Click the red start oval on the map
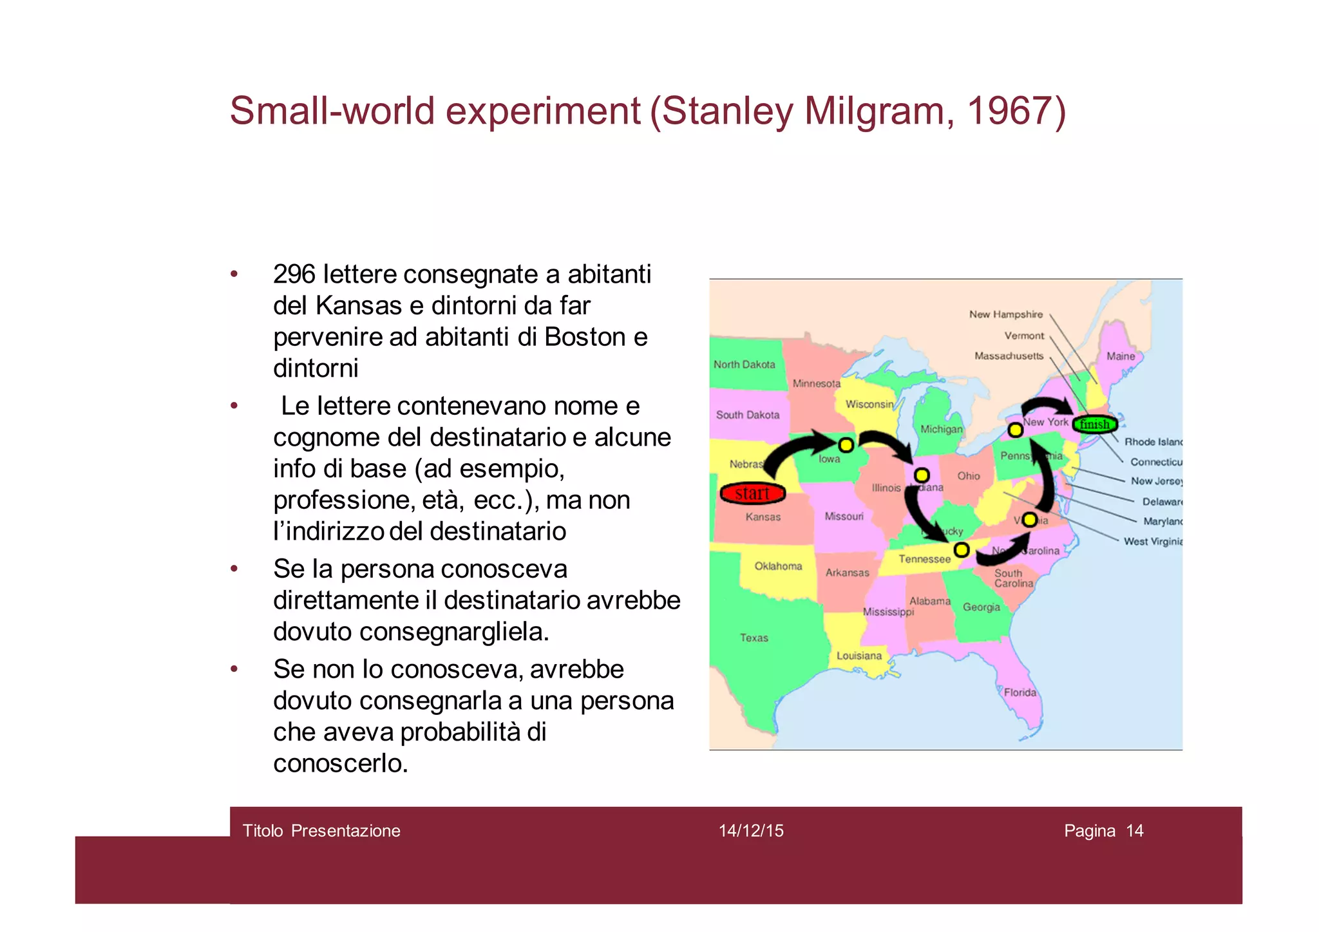752,493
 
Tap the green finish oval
1095,424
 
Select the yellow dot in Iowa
846,445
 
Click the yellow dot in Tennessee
962,550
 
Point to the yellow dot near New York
1015,430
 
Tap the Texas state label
754,638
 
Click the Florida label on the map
1020,692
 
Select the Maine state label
1121,356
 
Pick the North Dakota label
744,365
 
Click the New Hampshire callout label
1005,314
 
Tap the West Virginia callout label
1153,542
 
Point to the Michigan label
941,429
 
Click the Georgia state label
982,607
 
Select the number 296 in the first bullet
294,274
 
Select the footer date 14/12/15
751,831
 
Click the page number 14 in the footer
1135,831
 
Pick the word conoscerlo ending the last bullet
340,763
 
